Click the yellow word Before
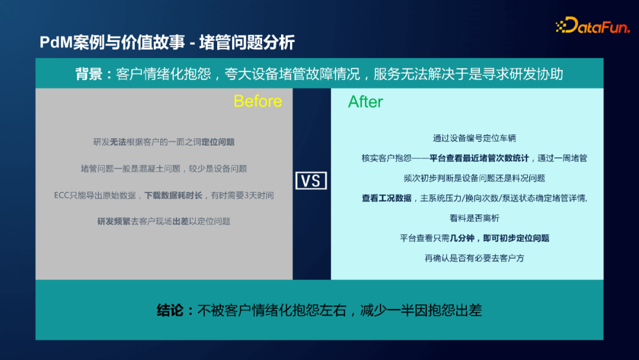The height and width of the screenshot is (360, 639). pyautogui.click(x=257, y=101)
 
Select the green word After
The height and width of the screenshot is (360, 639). pyautogui.click(x=365, y=102)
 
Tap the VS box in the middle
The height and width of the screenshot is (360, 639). pyautogui.click(x=311, y=181)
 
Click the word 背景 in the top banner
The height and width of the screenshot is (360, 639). pyautogui.click(x=89, y=74)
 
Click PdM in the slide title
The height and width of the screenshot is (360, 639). pyautogui.click(x=53, y=43)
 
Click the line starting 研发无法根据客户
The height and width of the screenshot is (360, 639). pyautogui.click(x=164, y=142)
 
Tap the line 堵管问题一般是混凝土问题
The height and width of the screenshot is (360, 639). pyautogui.click(x=164, y=169)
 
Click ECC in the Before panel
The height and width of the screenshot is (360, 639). pyautogui.click(x=62, y=195)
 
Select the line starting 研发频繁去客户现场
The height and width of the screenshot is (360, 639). pyautogui.click(x=164, y=221)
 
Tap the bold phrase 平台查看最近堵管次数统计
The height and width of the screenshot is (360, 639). pyautogui.click(x=479, y=158)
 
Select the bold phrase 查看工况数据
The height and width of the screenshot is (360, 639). pyautogui.click(x=386, y=198)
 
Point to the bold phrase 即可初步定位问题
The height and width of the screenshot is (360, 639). pyautogui.click(x=516, y=238)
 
